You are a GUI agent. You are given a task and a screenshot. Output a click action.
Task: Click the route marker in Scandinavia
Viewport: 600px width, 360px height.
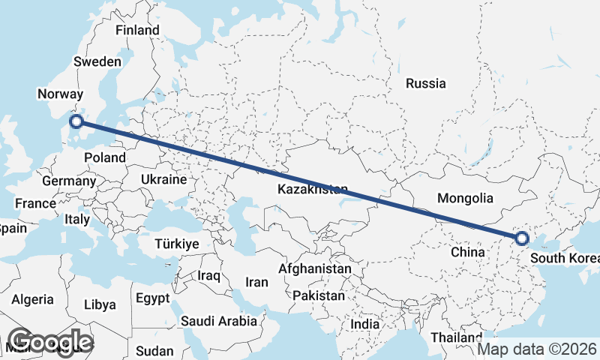(76, 121)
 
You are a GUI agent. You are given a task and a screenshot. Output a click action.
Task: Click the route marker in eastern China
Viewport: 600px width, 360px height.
(522, 239)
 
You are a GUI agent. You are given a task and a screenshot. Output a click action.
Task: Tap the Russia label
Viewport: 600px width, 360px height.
(425, 83)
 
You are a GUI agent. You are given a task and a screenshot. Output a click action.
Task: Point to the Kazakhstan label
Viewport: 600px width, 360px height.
(312, 189)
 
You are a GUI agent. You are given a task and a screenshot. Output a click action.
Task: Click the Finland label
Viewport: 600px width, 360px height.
(137, 30)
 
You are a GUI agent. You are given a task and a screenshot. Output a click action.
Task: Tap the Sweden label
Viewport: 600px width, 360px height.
(97, 61)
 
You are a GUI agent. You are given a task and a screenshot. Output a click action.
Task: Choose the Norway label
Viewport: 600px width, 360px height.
(58, 94)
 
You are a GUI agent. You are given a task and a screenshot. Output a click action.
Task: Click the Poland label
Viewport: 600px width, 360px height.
(105, 157)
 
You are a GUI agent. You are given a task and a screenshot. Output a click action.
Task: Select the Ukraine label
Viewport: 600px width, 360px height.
(163, 180)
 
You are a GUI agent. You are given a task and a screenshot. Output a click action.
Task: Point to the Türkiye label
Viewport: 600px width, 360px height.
(176, 244)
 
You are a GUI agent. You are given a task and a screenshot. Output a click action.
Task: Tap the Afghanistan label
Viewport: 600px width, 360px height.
(315, 268)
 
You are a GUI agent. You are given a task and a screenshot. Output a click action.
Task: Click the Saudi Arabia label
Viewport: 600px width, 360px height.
(218, 321)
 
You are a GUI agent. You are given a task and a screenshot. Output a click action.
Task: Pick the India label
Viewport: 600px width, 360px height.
(365, 325)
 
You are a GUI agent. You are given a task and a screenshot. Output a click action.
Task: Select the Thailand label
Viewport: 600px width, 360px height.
(456, 337)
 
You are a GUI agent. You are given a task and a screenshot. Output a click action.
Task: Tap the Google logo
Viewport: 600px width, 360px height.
(49, 342)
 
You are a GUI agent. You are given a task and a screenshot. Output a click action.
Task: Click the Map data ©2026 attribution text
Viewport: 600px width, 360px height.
(538, 349)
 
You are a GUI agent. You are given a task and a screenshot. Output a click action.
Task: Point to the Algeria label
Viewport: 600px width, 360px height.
(32, 299)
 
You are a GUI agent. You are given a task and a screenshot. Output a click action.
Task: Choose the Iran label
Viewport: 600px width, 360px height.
(256, 283)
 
